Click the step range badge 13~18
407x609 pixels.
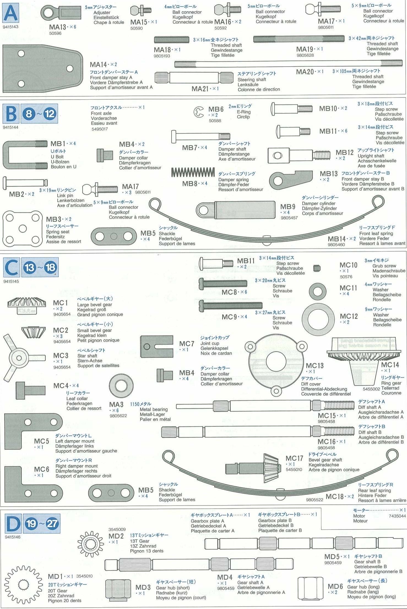pyautogui.click(x=40, y=267)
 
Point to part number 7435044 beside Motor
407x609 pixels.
pyautogui.click(x=397, y=516)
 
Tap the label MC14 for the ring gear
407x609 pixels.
pyautogui.click(x=390, y=365)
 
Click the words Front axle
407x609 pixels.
pyautogui.click(x=101, y=113)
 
